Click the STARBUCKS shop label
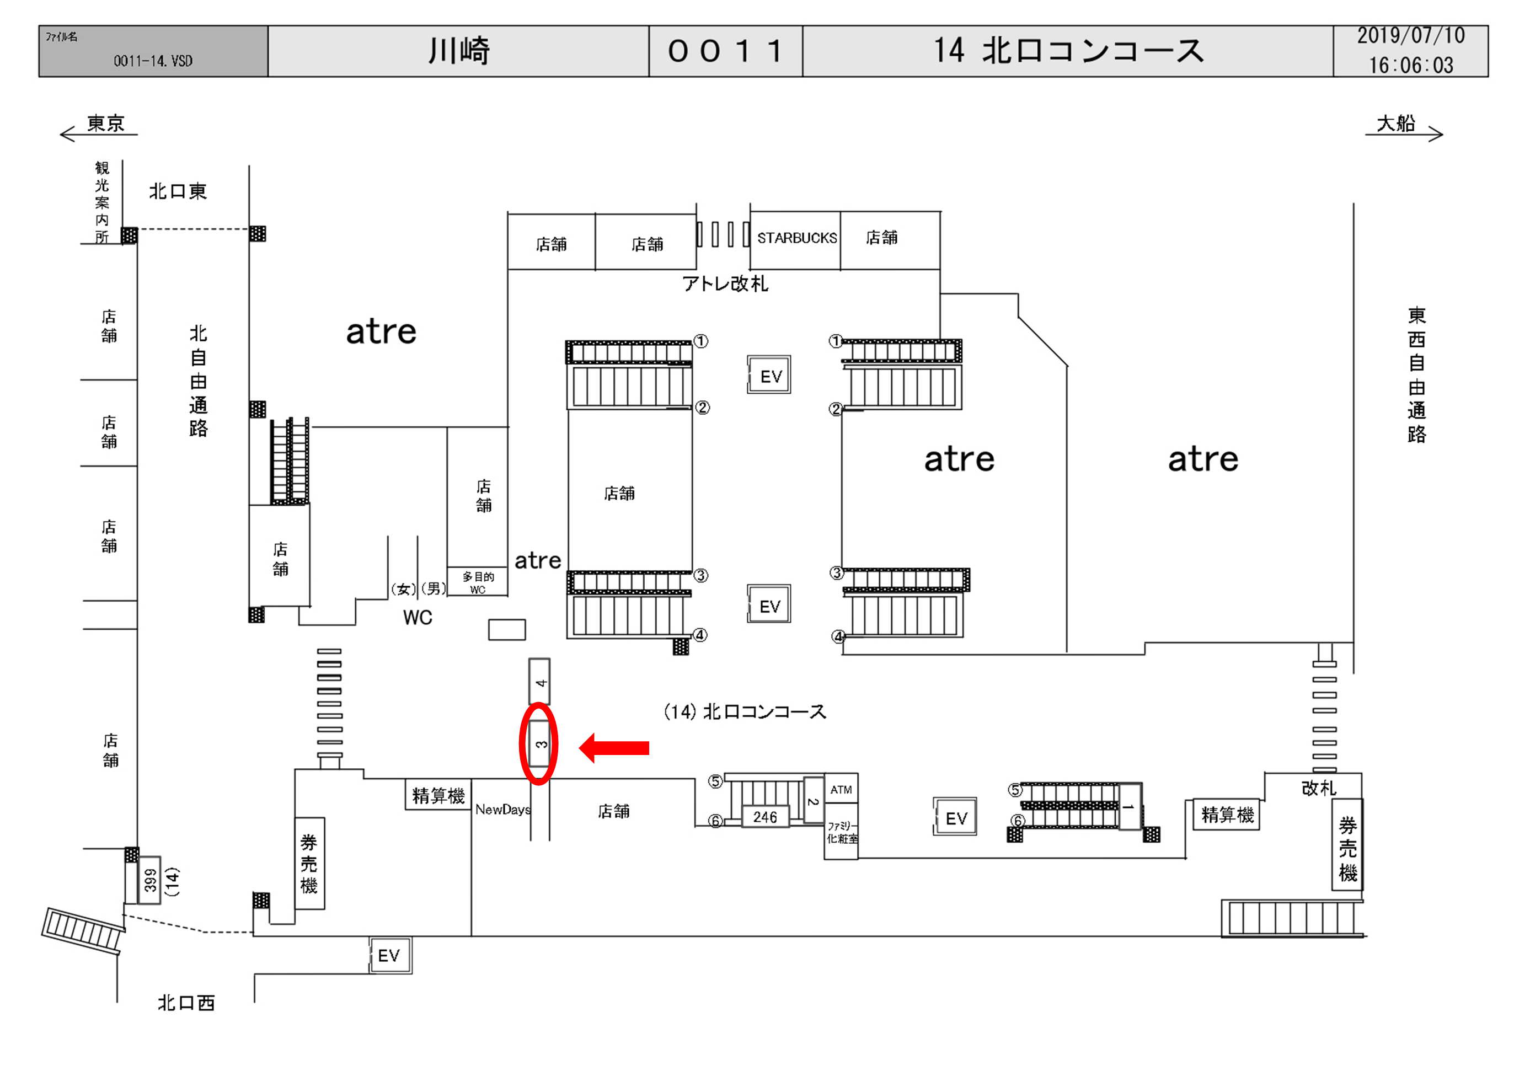(796, 238)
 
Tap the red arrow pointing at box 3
(614, 747)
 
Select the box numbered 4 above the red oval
(539, 682)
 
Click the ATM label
(841, 789)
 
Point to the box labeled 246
(765, 817)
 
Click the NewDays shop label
(502, 809)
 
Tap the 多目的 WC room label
(478, 582)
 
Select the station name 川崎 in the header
(459, 51)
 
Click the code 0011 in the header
(725, 51)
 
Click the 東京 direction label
(105, 124)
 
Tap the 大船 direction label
(1395, 124)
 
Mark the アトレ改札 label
(725, 283)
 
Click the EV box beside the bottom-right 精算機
(955, 818)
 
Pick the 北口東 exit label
(178, 191)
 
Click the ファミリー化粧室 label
(842, 832)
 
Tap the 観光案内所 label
(101, 202)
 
